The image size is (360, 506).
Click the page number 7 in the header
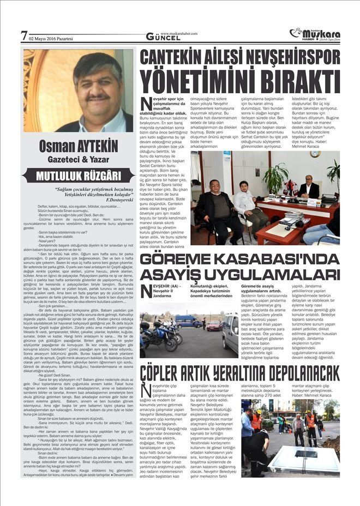pos(23,37)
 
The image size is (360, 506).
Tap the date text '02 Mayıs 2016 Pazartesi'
pos(51,38)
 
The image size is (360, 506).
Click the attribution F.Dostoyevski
pos(112,200)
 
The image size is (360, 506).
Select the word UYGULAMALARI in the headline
pos(254,275)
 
